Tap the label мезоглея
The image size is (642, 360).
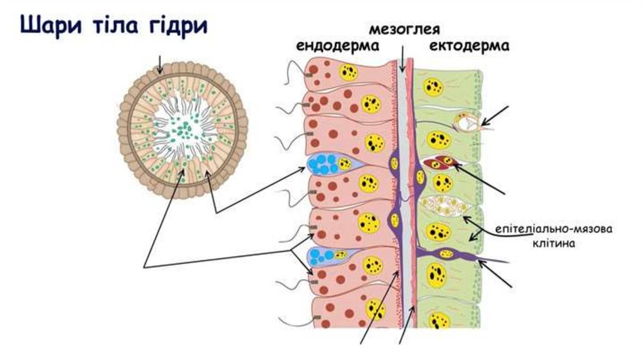(403, 29)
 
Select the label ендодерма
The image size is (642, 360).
(338, 46)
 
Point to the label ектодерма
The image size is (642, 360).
(470, 46)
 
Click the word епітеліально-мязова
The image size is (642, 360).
(554, 228)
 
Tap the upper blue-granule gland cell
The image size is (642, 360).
(327, 165)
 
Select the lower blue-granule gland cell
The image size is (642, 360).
(326, 256)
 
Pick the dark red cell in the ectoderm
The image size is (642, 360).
(439, 163)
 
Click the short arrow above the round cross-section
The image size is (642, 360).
(162, 63)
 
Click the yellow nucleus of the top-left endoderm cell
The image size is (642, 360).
(347, 72)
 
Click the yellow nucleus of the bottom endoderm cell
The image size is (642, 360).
(375, 309)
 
